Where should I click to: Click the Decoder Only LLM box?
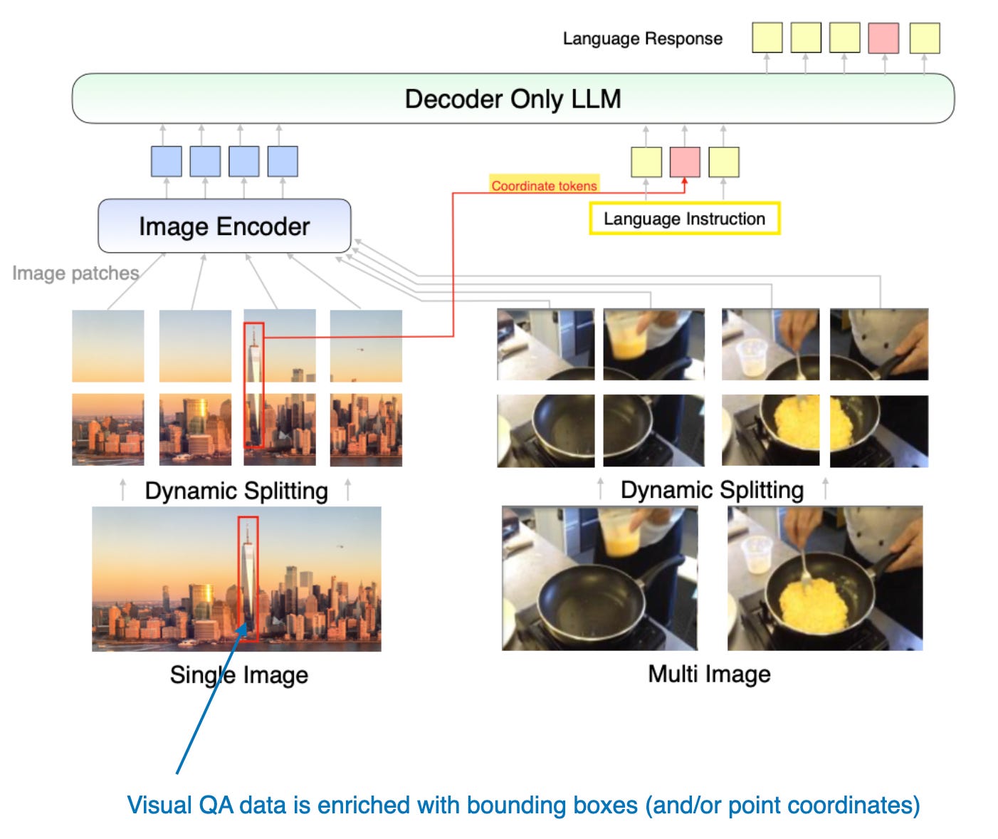(x=513, y=98)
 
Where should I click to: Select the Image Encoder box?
(x=224, y=226)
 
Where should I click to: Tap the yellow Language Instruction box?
(x=685, y=219)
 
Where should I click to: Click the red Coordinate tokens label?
(x=544, y=186)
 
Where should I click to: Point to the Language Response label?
(x=642, y=38)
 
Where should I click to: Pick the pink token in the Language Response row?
(x=883, y=38)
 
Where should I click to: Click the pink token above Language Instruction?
(x=685, y=162)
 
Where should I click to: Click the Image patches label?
(x=75, y=273)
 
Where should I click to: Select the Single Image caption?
(x=239, y=675)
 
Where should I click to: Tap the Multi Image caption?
(x=709, y=674)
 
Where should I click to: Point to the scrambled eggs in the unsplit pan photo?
(x=812, y=604)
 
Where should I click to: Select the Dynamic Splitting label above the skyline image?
(x=236, y=491)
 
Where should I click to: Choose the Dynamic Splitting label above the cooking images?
(x=712, y=490)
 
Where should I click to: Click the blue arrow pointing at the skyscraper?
(x=211, y=697)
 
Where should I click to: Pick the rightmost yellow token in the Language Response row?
(x=925, y=38)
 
